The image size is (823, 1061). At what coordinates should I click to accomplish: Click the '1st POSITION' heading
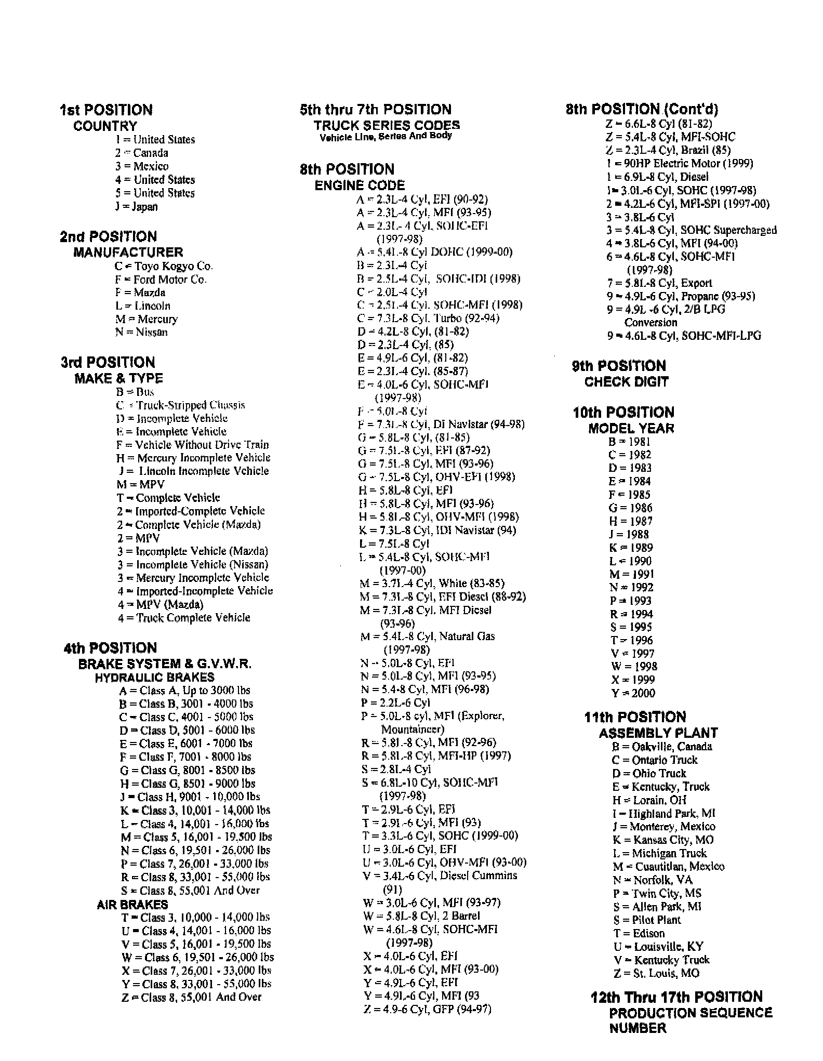click(106, 110)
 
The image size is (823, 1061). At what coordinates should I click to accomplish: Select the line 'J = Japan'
click(136, 206)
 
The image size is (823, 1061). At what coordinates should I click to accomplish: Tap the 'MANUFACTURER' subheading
click(128, 253)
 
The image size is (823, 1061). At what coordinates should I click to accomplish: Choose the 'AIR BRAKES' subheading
click(132, 905)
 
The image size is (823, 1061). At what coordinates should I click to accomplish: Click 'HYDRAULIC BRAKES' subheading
click(154, 678)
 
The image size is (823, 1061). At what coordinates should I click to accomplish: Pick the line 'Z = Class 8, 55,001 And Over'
click(191, 997)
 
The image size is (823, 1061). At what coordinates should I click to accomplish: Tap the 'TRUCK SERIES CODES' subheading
click(387, 125)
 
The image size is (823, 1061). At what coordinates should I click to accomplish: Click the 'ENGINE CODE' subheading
click(360, 185)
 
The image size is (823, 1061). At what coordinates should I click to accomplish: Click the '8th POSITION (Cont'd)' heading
click(642, 109)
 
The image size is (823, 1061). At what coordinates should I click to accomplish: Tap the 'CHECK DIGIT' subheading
click(626, 382)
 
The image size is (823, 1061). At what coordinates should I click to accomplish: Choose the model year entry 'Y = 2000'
click(633, 693)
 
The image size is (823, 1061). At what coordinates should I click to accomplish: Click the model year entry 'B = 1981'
click(629, 442)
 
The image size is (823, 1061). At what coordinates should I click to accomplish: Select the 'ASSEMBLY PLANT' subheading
click(658, 733)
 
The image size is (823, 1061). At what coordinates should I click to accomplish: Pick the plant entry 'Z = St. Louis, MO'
click(656, 973)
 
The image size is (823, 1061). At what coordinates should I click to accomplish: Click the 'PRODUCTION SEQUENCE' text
click(691, 1013)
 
